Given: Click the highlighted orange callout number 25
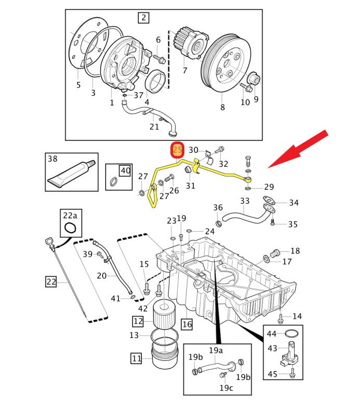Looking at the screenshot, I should (x=178, y=150).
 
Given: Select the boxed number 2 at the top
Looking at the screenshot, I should (x=143, y=19).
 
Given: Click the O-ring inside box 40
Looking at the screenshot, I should (x=113, y=181).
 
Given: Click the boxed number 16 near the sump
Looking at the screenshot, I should (x=186, y=324).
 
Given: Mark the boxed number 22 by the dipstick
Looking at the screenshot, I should (x=51, y=282).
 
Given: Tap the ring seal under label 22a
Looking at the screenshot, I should (x=70, y=228).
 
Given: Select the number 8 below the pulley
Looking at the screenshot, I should (x=222, y=108).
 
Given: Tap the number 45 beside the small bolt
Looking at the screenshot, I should (x=272, y=374).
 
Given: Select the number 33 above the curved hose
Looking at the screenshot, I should (x=245, y=201).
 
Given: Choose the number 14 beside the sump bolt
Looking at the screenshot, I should (x=297, y=316).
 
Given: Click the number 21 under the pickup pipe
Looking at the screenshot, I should (x=154, y=126).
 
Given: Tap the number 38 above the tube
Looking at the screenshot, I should (x=52, y=159).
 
